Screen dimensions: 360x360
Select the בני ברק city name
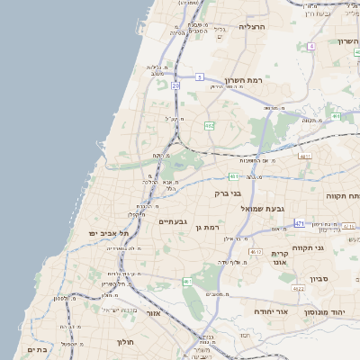tap(228, 193)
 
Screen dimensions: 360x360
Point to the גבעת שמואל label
tap(262, 208)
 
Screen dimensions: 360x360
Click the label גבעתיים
tap(172, 221)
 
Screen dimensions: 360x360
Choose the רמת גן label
tap(206, 229)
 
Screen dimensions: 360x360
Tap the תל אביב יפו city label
tap(105, 233)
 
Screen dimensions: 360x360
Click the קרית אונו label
tap(280, 259)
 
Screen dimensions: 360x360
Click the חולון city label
tap(124, 342)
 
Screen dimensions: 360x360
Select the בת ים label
tap(38, 349)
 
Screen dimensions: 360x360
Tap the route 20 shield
tap(175, 85)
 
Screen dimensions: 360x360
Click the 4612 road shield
tap(256, 252)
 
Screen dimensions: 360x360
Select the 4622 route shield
tap(298, 289)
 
